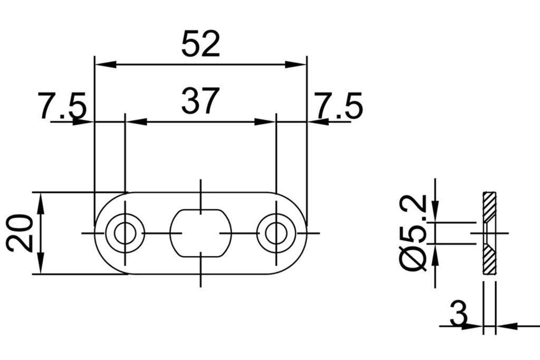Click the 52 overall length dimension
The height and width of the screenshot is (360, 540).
pos(200,44)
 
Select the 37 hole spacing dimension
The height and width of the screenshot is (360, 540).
pos(199,101)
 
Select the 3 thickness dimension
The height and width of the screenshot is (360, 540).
pos(459,315)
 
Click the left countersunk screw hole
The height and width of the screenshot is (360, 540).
pos(125,233)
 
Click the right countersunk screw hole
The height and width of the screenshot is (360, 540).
pos(276,233)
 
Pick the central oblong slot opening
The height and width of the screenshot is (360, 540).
pos(200,233)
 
